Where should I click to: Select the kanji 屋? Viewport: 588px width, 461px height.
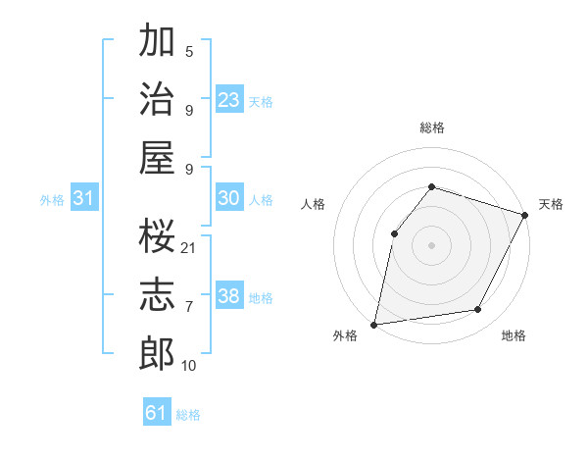(158, 157)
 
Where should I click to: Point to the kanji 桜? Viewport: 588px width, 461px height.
(158, 236)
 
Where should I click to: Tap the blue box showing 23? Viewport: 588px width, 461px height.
(229, 99)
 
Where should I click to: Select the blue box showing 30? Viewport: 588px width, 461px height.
(229, 198)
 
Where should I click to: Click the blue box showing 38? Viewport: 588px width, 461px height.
(229, 296)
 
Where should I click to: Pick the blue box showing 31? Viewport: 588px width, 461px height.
(84, 198)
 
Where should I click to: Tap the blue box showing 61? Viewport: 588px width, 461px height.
(157, 413)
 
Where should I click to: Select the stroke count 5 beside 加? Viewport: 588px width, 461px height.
(188, 51)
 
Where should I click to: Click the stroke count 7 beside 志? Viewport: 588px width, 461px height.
(188, 307)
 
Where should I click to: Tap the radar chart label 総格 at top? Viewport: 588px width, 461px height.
(431, 128)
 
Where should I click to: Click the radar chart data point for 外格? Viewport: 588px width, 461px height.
(373, 324)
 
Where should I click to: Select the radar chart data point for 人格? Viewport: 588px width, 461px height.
(394, 233)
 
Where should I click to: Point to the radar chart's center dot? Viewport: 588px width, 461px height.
(431, 245)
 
